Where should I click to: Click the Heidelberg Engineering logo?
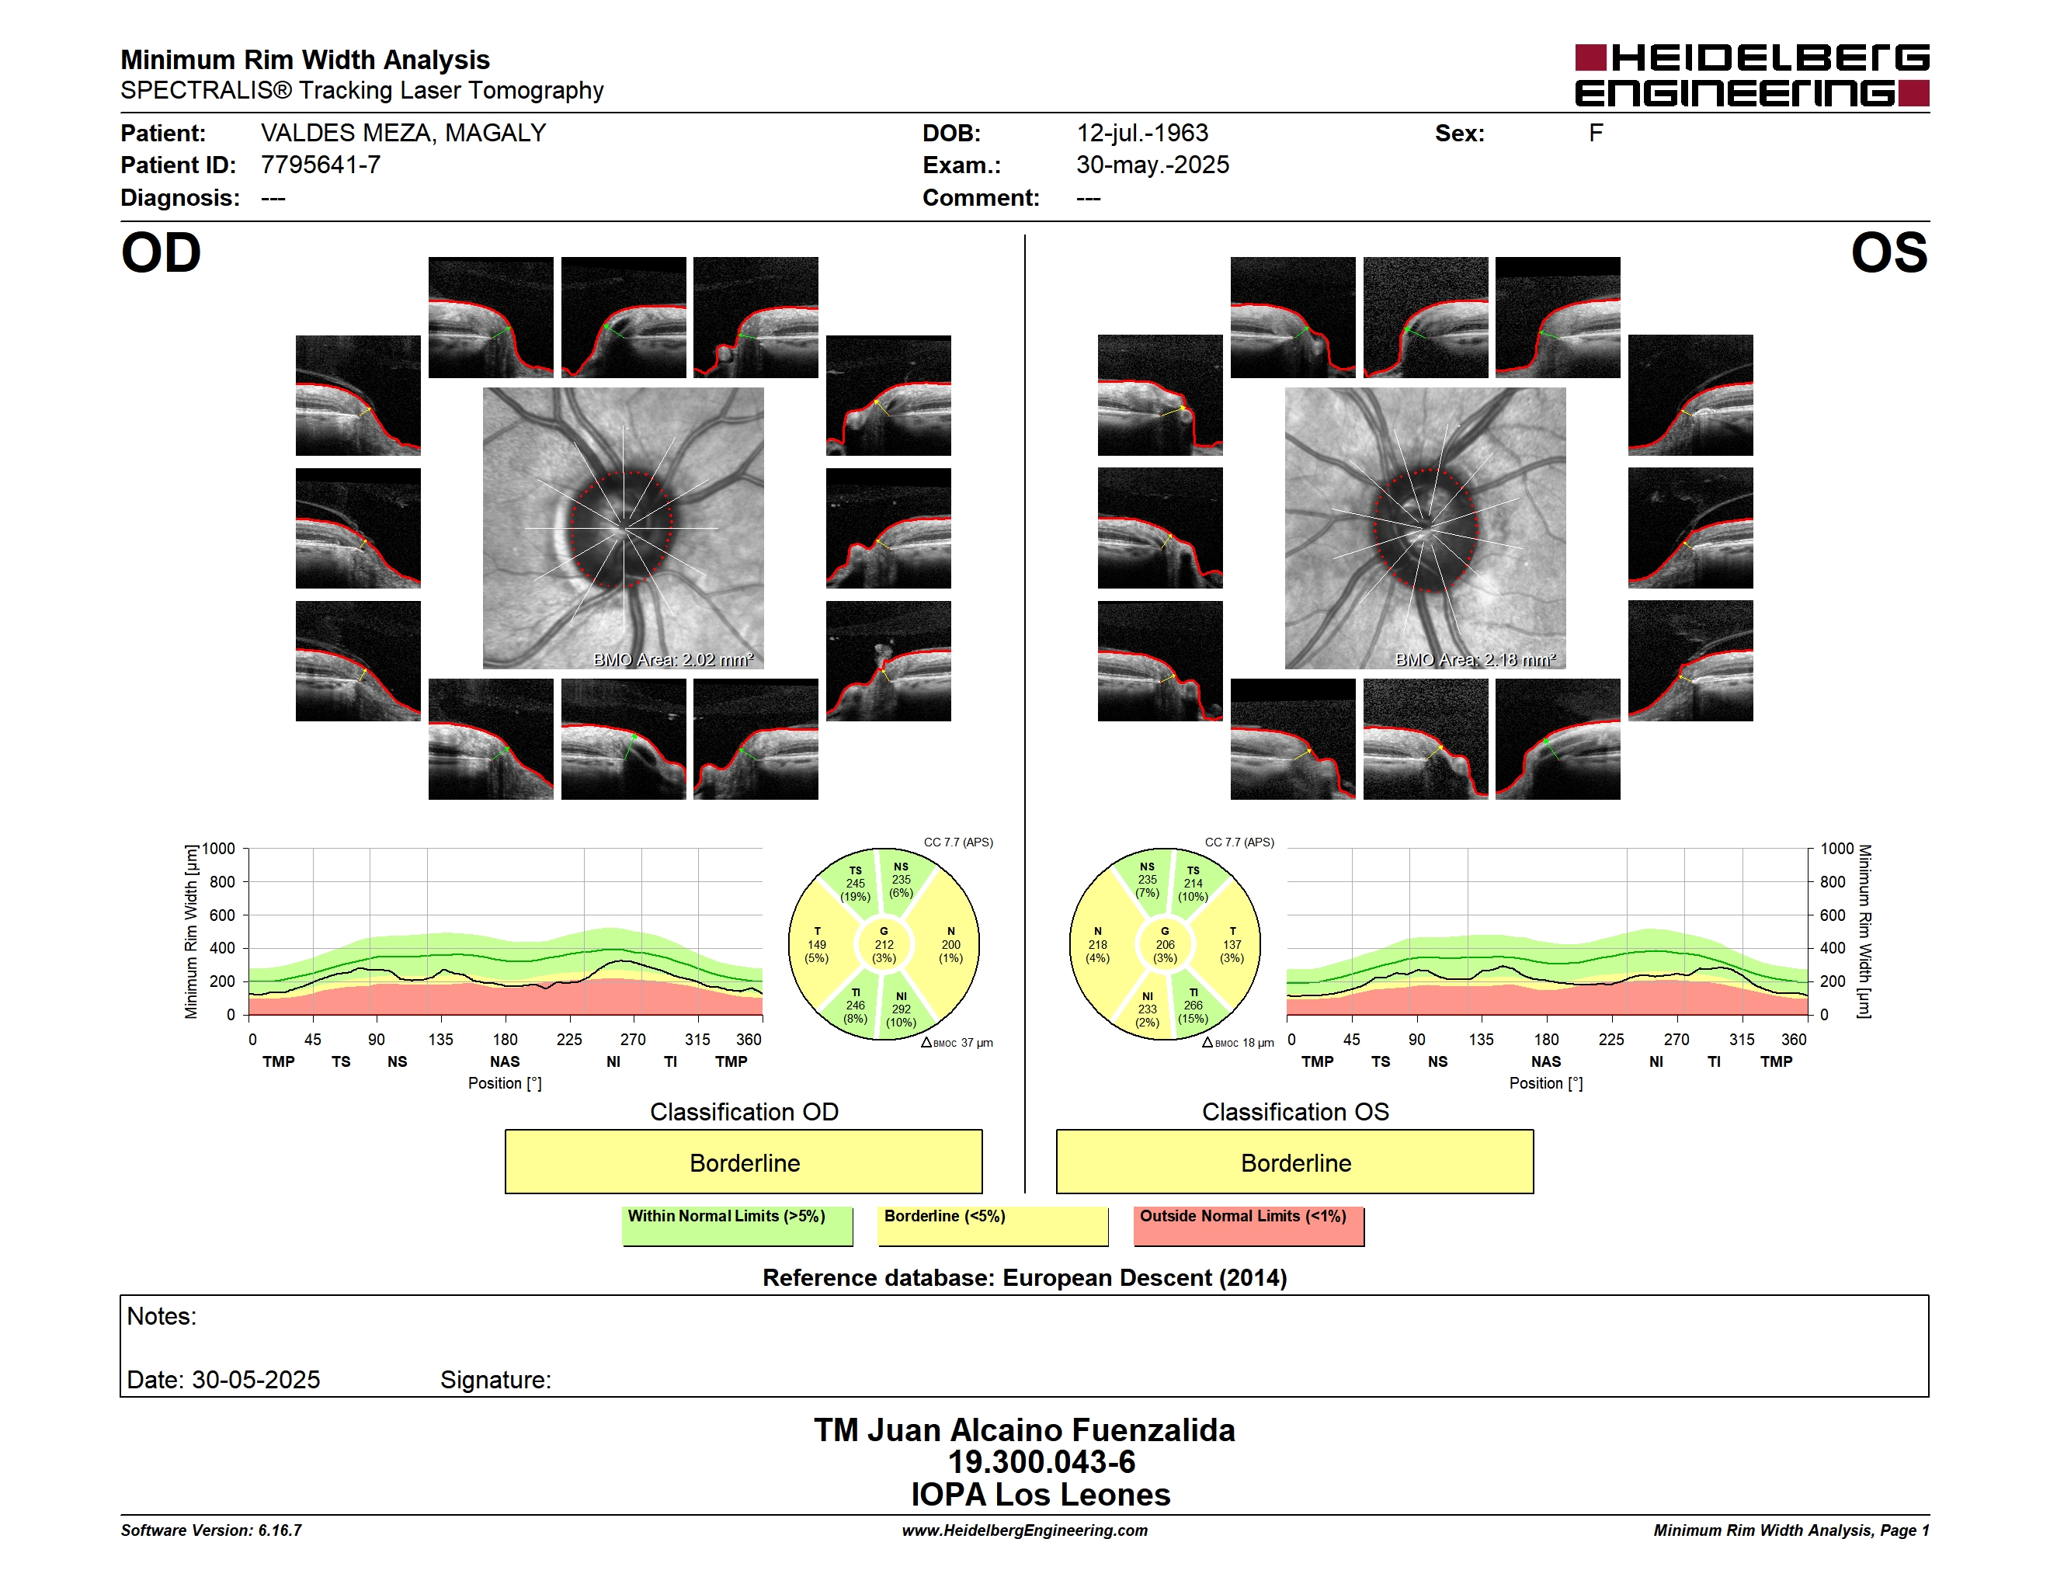tap(1752, 75)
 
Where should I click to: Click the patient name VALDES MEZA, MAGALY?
tap(404, 134)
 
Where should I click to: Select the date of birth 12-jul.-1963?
tap(1142, 134)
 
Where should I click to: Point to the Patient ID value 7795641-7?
tap(321, 165)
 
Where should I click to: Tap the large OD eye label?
tap(161, 253)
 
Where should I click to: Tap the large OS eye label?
tap(1889, 253)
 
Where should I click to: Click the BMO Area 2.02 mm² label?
tap(673, 660)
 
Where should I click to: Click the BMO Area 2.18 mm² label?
tap(1475, 660)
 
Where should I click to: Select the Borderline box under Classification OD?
tap(743, 1162)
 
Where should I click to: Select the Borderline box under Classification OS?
tap(1295, 1162)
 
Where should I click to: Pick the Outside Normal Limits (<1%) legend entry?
tap(1249, 1225)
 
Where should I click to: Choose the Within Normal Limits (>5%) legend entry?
tap(737, 1225)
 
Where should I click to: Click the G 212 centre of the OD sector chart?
tap(883, 945)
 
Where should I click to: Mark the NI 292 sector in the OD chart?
tap(901, 1009)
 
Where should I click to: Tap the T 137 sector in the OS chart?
tap(1232, 945)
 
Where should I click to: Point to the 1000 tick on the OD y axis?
tap(219, 849)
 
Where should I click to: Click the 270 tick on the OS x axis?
tap(1676, 1040)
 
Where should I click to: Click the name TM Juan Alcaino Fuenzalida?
tap(1024, 1430)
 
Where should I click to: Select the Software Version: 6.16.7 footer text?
tap(211, 1530)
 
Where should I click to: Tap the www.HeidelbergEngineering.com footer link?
tap(1024, 1530)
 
